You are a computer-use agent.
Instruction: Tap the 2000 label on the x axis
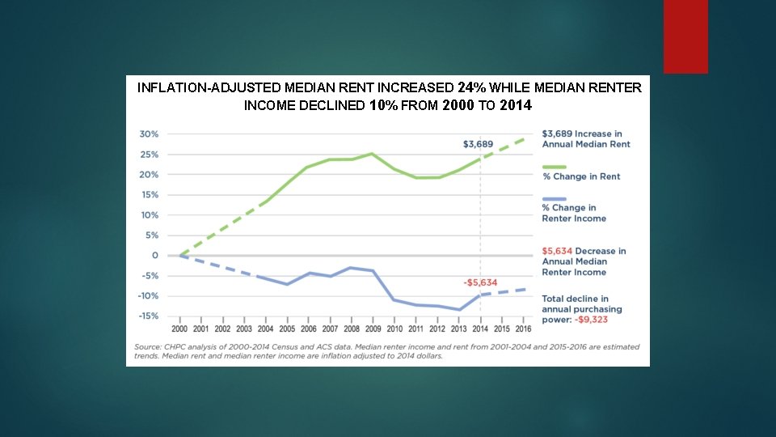[x=179, y=329]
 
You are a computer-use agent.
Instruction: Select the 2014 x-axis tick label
[x=480, y=329]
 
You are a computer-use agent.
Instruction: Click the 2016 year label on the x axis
[x=524, y=329]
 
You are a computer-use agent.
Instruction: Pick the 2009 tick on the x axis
[x=373, y=329]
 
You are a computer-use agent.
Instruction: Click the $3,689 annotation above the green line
[x=478, y=144]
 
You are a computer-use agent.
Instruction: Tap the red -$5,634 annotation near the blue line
[x=479, y=282]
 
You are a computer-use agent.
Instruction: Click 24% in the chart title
[x=470, y=87]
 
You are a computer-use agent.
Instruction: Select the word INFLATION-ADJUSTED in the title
[x=209, y=87]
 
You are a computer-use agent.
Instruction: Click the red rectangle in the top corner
[x=685, y=36]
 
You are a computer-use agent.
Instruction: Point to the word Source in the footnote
[x=146, y=346]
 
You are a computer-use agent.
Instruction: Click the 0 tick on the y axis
[x=154, y=256]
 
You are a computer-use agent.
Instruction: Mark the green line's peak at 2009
[x=372, y=154]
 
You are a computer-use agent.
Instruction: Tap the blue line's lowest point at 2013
[x=459, y=309]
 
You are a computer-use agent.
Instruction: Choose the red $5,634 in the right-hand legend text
[x=558, y=251]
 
